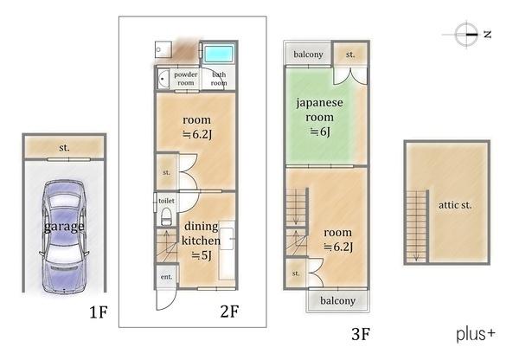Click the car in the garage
[x=64, y=236]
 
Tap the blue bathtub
[x=218, y=54]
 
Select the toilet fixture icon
[x=166, y=217]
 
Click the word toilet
[x=166, y=201]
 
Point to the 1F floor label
[x=99, y=312]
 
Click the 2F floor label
[x=229, y=312]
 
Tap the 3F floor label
[x=361, y=334]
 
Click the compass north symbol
[x=467, y=34]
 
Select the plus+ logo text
[x=476, y=334]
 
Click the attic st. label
[x=455, y=205]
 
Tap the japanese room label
[x=319, y=110]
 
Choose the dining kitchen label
[x=201, y=234]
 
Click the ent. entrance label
[x=166, y=277]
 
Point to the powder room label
[x=186, y=79]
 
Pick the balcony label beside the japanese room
[x=308, y=55]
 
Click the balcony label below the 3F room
[x=337, y=300]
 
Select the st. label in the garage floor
[x=64, y=147]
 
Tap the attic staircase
[x=416, y=226]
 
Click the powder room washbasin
[x=163, y=79]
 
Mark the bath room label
[x=219, y=79]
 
